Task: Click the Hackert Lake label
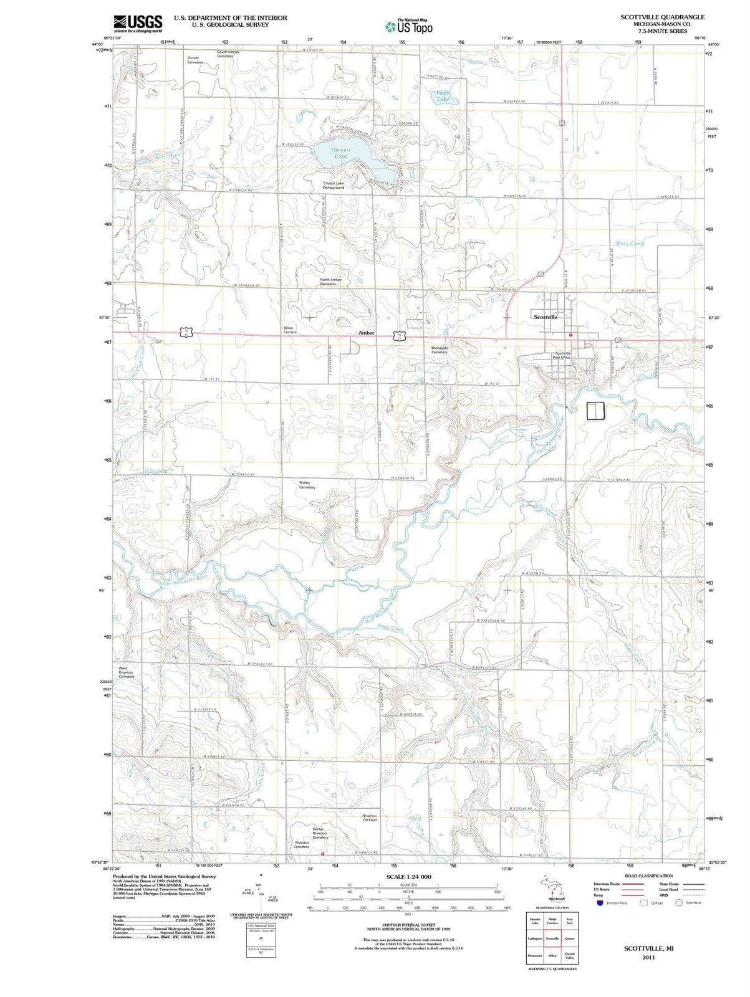click(341, 153)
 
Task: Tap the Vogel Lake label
click(443, 96)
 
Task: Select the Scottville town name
click(546, 317)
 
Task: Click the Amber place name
click(366, 333)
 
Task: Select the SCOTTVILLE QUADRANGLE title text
click(662, 17)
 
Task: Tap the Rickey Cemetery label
click(307, 485)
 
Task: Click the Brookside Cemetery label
click(440, 350)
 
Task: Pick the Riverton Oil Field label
click(370, 818)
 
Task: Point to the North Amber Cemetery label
click(330, 282)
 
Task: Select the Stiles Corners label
click(290, 330)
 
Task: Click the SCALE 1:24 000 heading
click(408, 877)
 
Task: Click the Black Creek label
click(629, 244)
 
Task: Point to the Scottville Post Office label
click(562, 355)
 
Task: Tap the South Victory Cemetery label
click(228, 54)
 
